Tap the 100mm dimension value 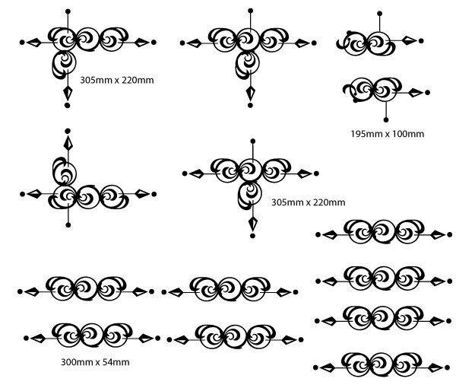tap(407, 134)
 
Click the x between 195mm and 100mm tap(386, 134)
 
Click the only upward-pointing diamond tap(68, 143)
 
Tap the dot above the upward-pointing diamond tap(68, 131)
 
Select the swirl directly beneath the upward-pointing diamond tap(64, 169)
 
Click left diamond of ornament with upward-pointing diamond tap(34, 195)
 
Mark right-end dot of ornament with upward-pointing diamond tap(154, 195)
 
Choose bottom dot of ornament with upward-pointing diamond tap(68, 225)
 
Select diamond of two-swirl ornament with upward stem tap(409, 40)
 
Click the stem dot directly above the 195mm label tap(387, 119)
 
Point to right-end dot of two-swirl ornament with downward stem tap(429, 93)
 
